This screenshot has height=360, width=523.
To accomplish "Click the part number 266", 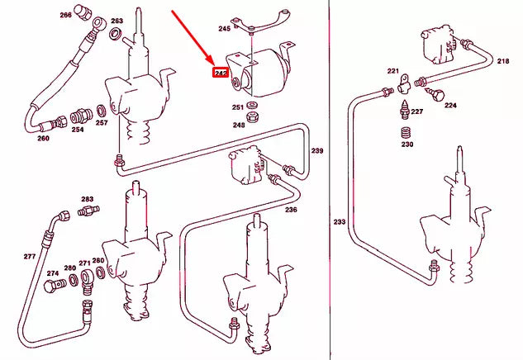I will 65,15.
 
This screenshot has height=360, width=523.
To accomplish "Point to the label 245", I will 224,29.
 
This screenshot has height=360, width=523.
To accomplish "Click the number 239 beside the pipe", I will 316,151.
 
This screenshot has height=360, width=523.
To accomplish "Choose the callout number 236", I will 291,210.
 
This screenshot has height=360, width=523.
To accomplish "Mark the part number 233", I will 339,221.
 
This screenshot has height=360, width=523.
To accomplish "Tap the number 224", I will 450,106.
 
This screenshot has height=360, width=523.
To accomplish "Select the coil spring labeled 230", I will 407,132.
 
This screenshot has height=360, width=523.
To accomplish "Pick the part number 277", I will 29,257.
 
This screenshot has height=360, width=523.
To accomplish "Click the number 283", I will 87,200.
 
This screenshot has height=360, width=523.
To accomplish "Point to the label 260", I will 43,138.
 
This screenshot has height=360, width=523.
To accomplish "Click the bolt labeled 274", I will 56,286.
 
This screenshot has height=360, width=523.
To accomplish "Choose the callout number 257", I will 102,123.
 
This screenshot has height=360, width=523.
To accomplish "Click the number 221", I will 393,71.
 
